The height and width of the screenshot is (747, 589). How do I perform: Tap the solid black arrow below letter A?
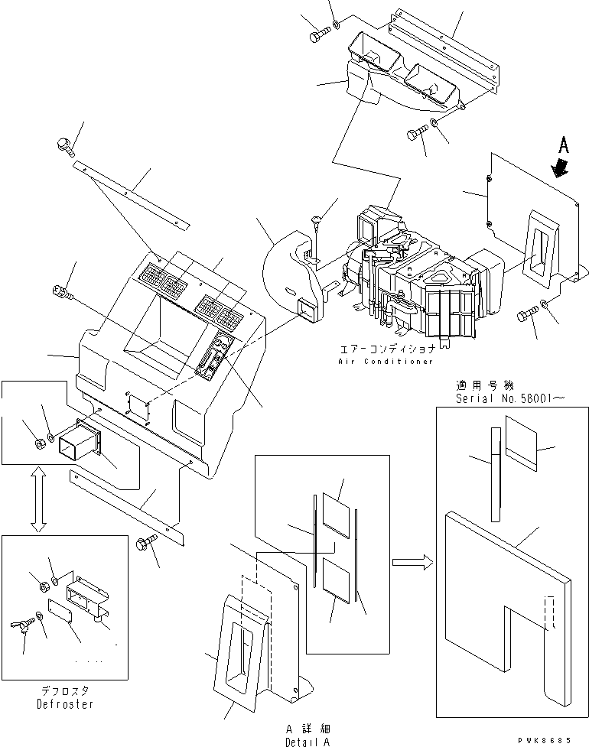click(x=562, y=167)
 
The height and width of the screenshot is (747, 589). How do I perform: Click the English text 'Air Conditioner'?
click(x=387, y=361)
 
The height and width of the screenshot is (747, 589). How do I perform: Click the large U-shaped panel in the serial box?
click(x=505, y=604)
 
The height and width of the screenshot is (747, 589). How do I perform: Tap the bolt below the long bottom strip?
click(x=144, y=544)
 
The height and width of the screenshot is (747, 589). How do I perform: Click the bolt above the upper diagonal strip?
click(x=64, y=144)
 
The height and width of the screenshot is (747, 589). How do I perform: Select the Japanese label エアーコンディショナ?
click(x=386, y=348)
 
